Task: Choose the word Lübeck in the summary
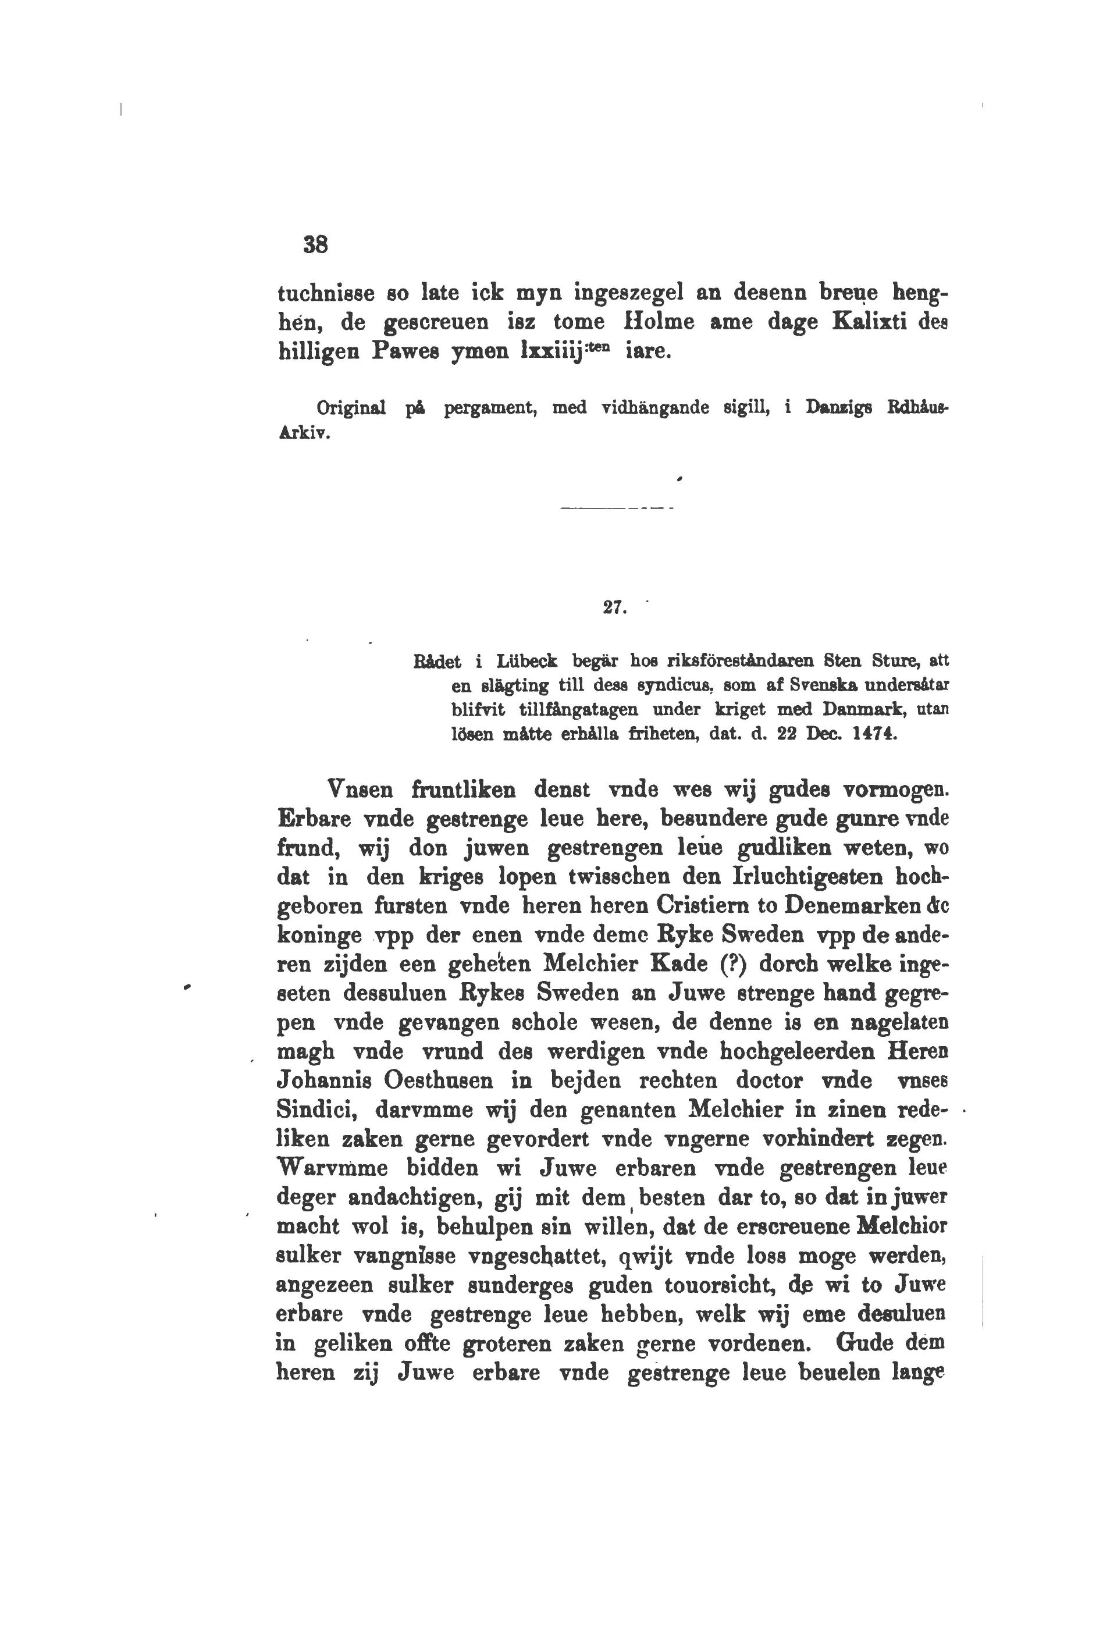point(527,661)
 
